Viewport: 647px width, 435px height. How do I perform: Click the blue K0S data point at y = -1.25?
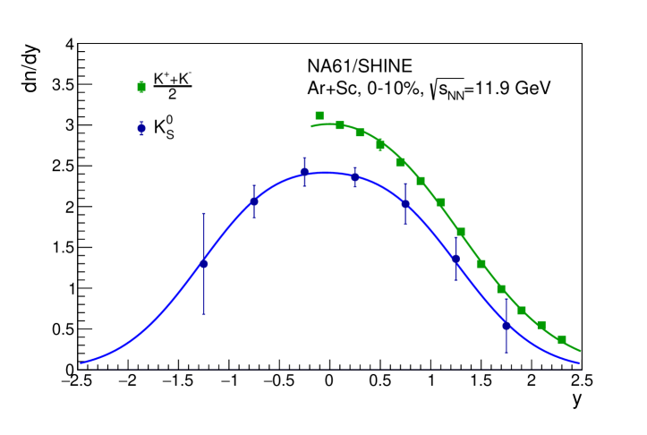click(203, 263)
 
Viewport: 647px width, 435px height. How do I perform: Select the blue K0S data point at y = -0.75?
click(254, 201)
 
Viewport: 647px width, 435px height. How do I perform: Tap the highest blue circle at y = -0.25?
click(304, 172)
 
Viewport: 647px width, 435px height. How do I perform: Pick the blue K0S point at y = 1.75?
click(507, 326)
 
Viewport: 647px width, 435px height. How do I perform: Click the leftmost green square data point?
click(319, 115)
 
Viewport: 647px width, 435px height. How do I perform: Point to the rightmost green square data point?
click(562, 340)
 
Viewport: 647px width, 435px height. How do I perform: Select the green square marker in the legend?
click(141, 87)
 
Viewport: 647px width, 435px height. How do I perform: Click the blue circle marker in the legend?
click(141, 128)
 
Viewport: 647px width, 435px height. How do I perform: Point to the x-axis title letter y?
click(577, 400)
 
